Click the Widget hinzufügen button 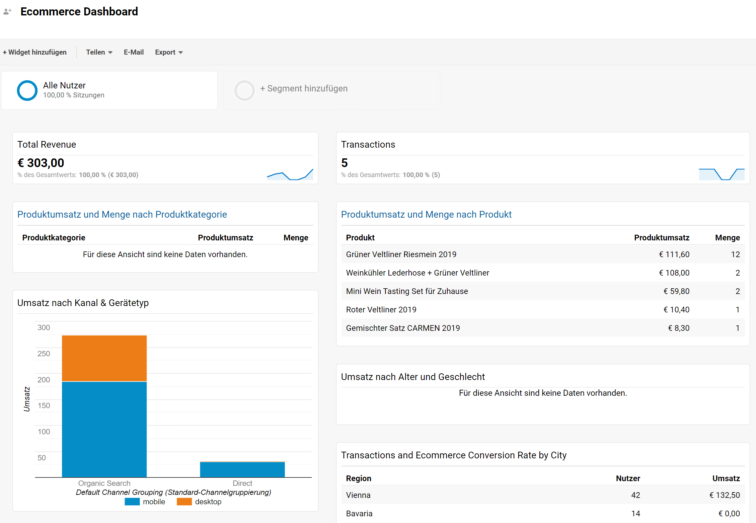[35, 52]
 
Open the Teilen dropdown [99, 52]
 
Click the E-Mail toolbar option [134, 52]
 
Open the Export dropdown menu [168, 52]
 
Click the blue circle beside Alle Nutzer [27, 90]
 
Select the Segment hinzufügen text [304, 88]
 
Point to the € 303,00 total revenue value [41, 163]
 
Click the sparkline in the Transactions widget [721, 174]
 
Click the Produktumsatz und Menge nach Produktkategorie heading [122, 214]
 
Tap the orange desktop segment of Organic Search [104, 358]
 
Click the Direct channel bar [242, 469]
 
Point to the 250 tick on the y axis [44, 354]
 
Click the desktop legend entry [199, 502]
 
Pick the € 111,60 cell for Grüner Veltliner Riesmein [674, 254]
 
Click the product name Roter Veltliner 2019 [381, 310]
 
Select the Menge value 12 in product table [735, 254]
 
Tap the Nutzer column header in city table [628, 478]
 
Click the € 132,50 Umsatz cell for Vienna [725, 495]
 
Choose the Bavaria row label [359, 514]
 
